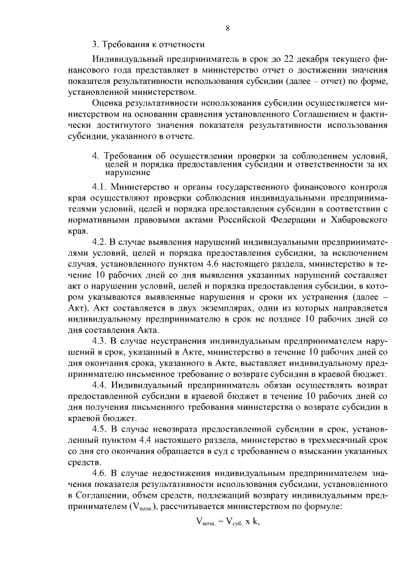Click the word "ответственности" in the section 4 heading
tap(331, 164)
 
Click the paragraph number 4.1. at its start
tap(100, 187)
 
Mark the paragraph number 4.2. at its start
tap(100, 244)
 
